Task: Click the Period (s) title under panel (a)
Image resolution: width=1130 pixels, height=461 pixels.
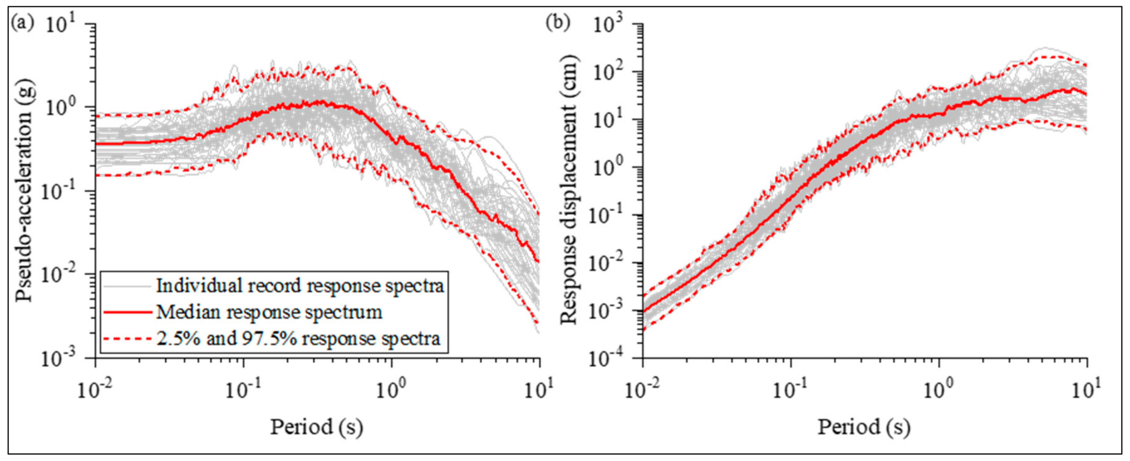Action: [316, 427]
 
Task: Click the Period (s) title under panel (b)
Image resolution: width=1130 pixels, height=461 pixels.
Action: [864, 427]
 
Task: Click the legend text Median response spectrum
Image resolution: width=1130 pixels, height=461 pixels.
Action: [269, 312]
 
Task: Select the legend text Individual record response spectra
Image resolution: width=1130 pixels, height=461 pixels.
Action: [300, 286]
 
